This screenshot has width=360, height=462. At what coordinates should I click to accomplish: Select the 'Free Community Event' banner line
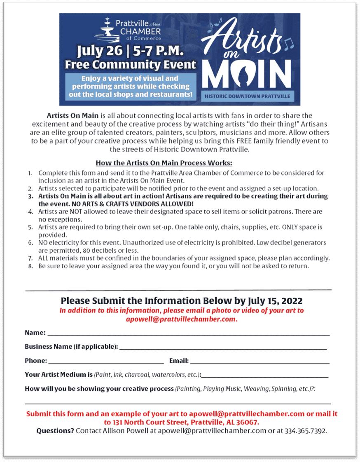tap(131, 65)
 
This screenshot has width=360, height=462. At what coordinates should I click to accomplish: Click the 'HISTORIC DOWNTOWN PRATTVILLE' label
tap(247, 96)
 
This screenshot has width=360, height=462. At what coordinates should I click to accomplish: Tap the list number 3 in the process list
tap(30, 197)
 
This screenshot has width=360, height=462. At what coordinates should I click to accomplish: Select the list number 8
tap(30, 266)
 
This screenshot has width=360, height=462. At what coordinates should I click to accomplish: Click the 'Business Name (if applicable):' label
tap(71, 347)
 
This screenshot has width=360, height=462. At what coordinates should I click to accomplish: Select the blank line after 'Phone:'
tap(106, 362)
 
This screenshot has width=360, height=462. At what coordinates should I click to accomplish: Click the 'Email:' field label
tap(179, 361)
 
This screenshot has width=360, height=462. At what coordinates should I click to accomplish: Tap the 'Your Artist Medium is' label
tap(58, 375)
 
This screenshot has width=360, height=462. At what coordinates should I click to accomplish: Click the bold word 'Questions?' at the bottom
tap(55, 431)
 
